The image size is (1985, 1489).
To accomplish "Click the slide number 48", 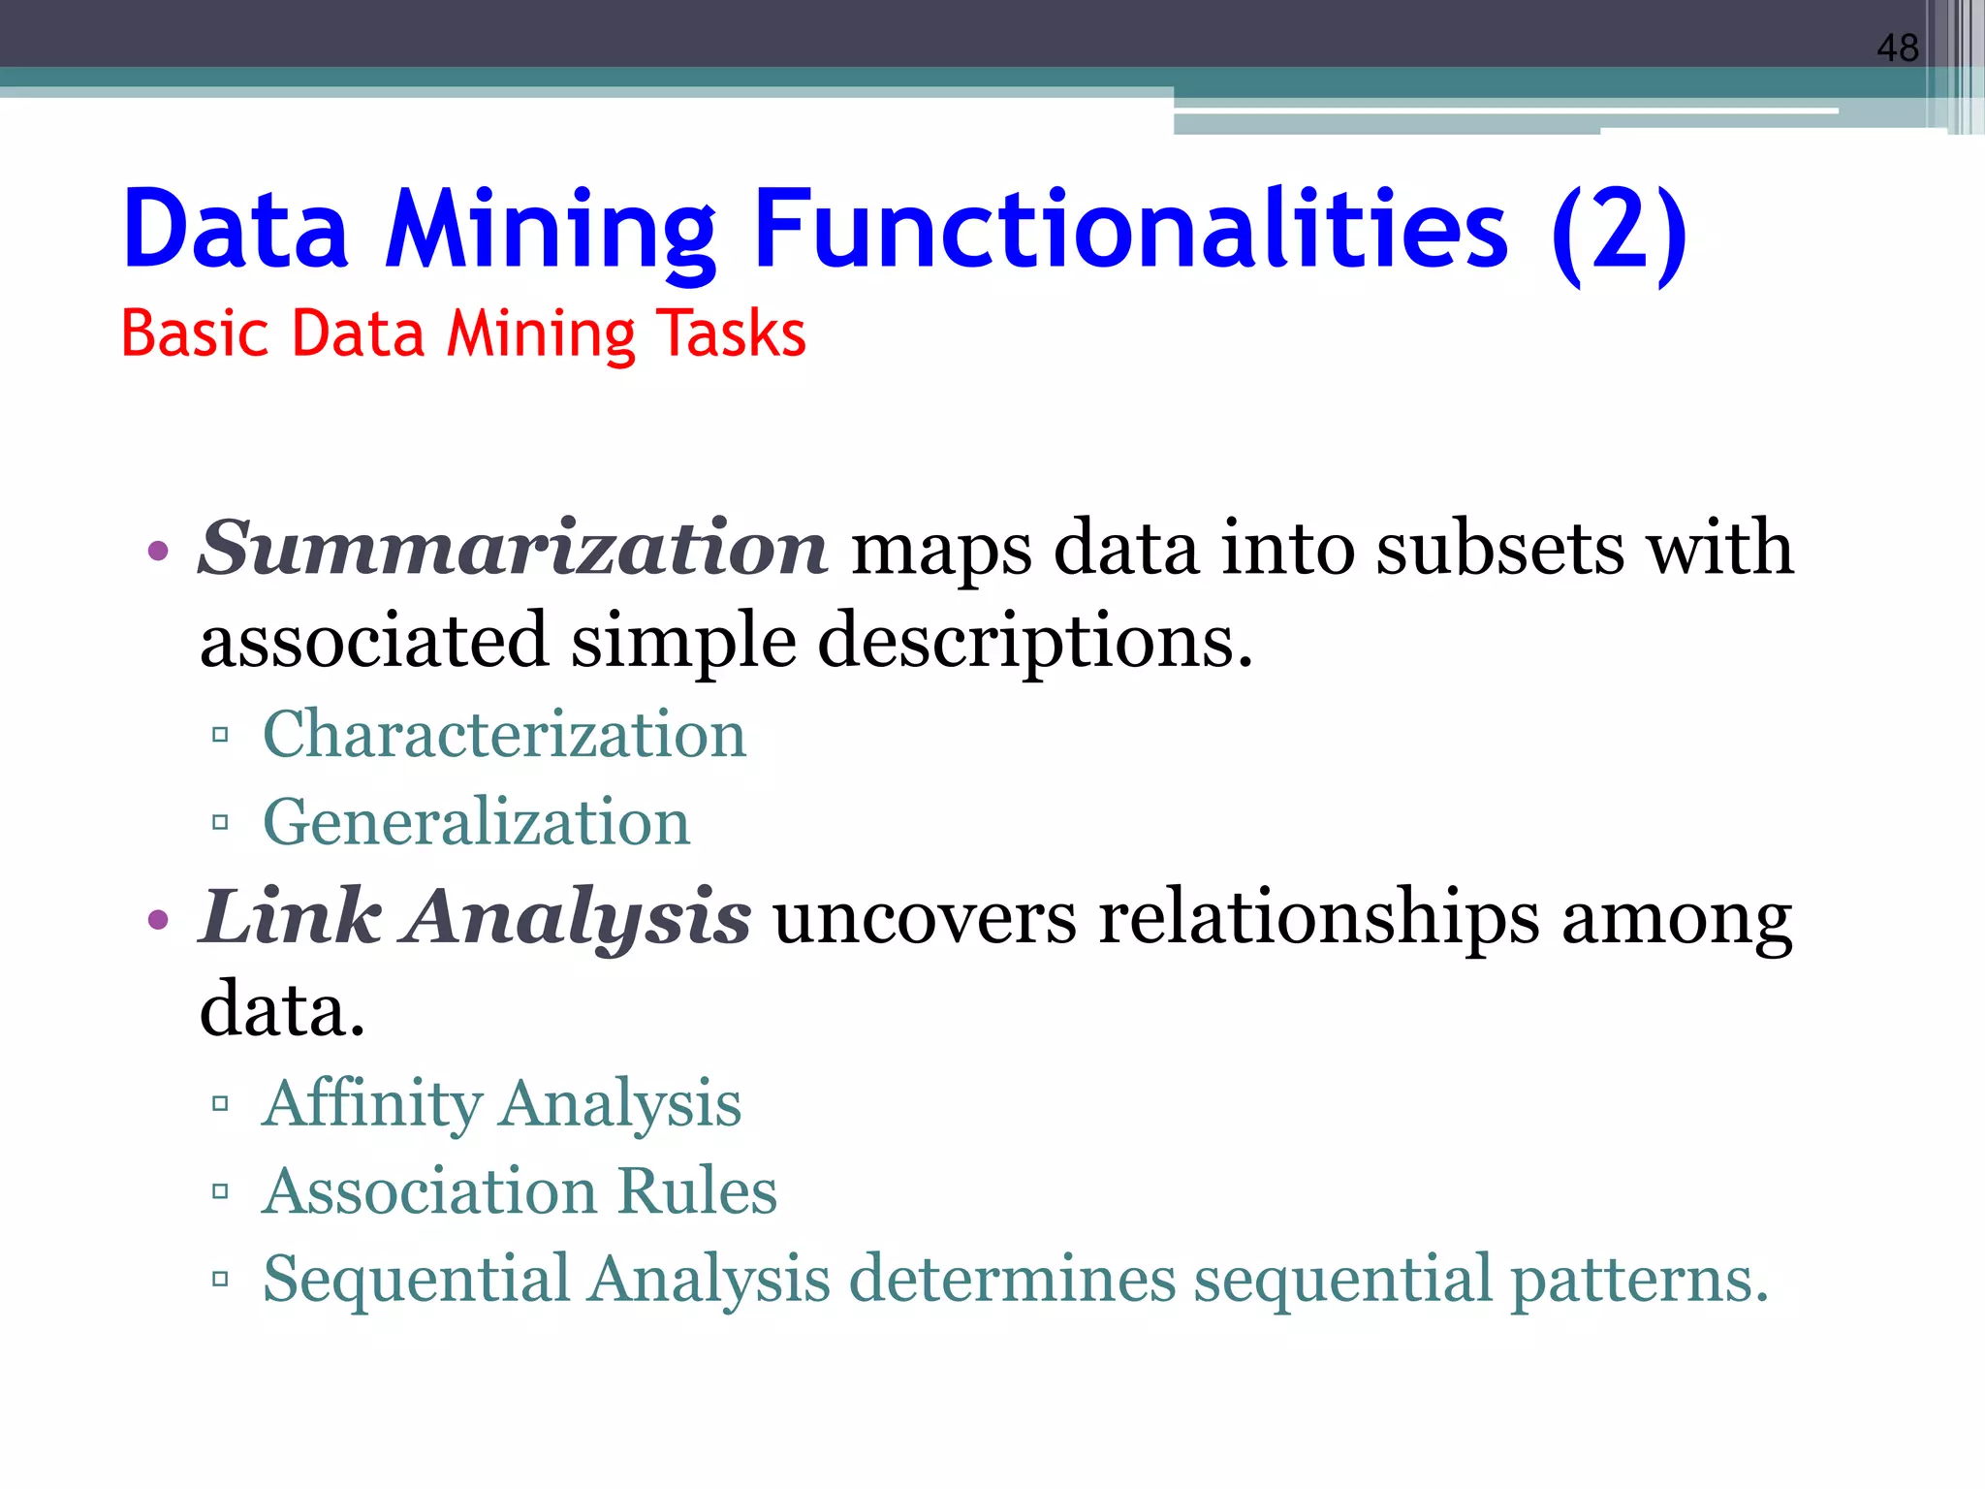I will (1897, 48).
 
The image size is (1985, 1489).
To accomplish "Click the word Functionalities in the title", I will (1130, 229).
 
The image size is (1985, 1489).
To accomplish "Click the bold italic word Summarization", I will (513, 549).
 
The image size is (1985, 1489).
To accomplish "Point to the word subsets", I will (1499, 549).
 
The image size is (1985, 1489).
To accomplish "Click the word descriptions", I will (1035, 642).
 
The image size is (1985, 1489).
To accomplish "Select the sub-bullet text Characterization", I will (504, 734).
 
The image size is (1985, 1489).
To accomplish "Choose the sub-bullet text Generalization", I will (476, 822).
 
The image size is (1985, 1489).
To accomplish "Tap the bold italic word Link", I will (290, 917).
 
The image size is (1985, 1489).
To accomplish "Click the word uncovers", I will (924, 917).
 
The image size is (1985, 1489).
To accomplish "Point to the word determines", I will (1012, 1279).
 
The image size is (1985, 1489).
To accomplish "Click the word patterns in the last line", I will (1639, 1279).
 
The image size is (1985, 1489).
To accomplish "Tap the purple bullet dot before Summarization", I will (158, 553).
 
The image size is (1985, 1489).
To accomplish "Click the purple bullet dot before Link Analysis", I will (158, 919).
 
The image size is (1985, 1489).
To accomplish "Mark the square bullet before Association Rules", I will (220, 1191).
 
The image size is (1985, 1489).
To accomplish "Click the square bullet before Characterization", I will (220, 735).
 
